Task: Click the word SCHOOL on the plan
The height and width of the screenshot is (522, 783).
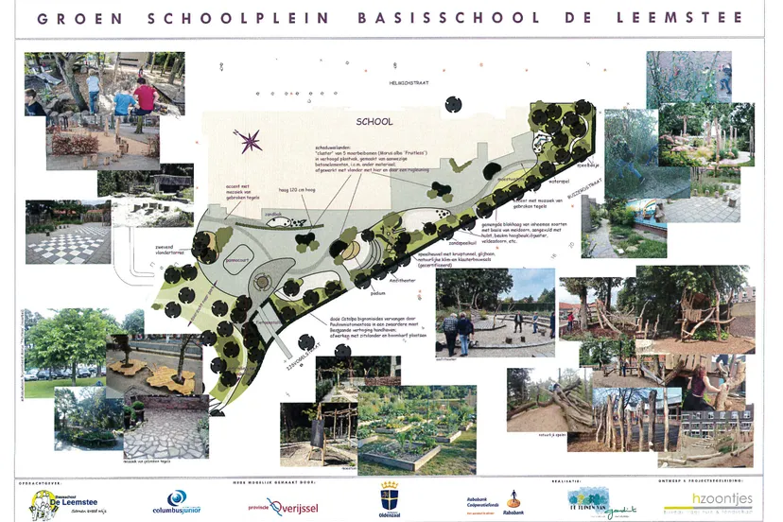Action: tap(374, 122)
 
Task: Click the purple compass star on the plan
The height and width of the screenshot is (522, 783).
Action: tap(250, 142)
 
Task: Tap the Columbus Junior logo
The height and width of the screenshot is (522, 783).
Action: tap(177, 502)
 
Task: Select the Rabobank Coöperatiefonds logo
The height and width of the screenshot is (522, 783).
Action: tap(493, 501)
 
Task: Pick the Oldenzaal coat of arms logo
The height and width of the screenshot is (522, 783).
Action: tap(388, 498)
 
